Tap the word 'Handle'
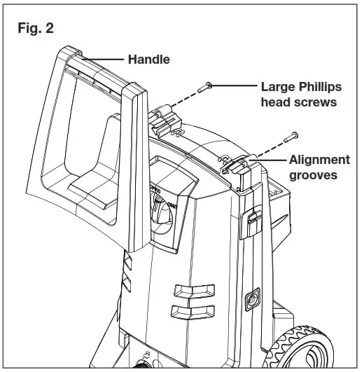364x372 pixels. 148,60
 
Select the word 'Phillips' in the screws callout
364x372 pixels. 318,88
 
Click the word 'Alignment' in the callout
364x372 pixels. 319,160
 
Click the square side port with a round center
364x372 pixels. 248,303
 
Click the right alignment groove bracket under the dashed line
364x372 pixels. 236,168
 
